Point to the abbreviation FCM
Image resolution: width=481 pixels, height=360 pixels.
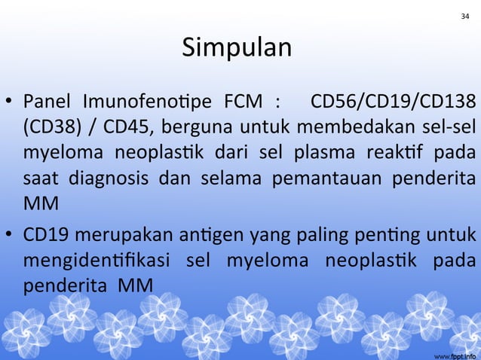(240, 100)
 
